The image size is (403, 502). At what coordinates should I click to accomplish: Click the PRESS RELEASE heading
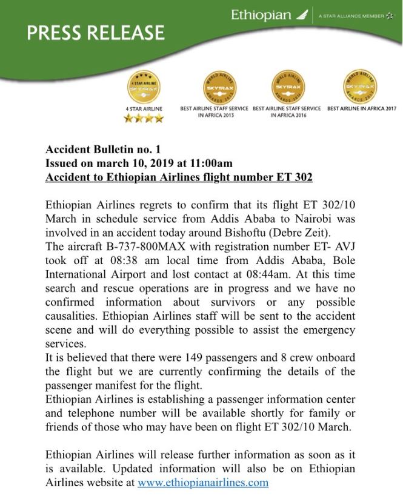tap(96, 33)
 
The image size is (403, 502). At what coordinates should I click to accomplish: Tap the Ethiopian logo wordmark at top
tap(261, 15)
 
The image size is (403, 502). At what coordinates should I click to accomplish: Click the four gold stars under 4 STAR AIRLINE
tap(144, 119)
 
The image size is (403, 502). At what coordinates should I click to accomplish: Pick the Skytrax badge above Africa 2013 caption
tap(219, 87)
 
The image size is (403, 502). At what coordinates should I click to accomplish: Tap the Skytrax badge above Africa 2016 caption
tap(287, 87)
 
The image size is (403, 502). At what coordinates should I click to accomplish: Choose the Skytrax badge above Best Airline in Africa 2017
tap(362, 87)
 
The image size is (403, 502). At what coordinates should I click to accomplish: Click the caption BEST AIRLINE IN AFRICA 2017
tap(362, 108)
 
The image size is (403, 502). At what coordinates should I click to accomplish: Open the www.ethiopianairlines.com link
tap(202, 483)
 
